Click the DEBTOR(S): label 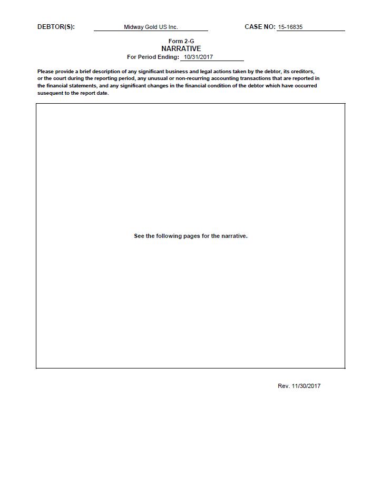point(56,27)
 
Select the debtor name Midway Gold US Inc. point(151,27)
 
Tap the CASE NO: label point(260,27)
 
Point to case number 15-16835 point(290,27)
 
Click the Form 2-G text point(181,41)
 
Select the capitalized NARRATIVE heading point(181,48)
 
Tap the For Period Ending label point(153,57)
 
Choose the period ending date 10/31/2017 point(198,57)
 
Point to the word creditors point(302,71)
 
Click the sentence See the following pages point(191,236)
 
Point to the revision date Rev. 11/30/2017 point(299,386)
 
